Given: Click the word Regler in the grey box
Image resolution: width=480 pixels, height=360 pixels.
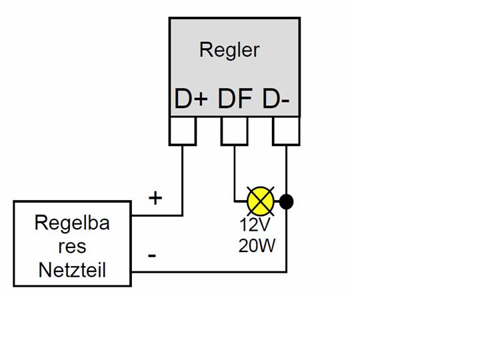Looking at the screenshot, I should [229, 49].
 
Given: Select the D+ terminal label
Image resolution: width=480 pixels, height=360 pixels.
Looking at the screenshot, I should [191, 99].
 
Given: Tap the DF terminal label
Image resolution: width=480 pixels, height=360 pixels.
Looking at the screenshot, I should [235, 99].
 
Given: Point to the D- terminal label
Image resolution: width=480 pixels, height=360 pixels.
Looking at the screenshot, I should [276, 99].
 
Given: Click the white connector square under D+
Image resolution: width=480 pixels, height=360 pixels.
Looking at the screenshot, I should [183, 131].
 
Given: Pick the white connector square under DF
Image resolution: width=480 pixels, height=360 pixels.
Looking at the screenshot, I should [234, 131].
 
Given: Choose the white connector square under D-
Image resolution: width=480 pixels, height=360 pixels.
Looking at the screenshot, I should [286, 131].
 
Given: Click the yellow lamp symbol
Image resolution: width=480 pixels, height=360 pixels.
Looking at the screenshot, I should [260, 201].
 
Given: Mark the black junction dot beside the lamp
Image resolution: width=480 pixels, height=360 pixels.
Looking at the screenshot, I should [287, 201].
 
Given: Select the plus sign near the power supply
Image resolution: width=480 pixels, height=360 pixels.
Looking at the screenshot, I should [155, 197].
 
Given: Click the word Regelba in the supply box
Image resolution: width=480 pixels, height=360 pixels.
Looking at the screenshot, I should [72, 223].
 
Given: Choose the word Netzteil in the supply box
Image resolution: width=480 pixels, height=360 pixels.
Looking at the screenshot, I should [72, 270].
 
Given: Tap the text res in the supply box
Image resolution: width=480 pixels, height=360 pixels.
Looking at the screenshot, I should [72, 247].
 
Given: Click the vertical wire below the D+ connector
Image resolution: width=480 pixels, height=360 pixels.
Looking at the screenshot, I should [183, 180].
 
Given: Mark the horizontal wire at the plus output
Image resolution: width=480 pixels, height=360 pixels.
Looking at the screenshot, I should [157, 215].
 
